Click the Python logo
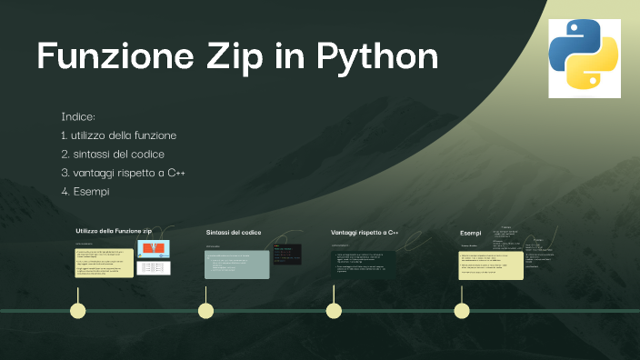[585, 58]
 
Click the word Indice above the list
[78, 117]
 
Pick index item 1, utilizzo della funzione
[125, 135]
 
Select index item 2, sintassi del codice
[118, 155]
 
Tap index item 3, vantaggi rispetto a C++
[123, 173]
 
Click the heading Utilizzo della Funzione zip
[114, 232]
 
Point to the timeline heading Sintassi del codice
[234, 233]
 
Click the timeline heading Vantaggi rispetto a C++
[358, 233]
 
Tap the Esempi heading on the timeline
[470, 234]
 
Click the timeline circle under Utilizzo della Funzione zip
[78, 311]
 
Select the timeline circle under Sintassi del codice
[206, 311]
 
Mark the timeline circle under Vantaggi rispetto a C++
[335, 311]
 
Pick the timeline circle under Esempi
[462, 311]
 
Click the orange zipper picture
[154, 248]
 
